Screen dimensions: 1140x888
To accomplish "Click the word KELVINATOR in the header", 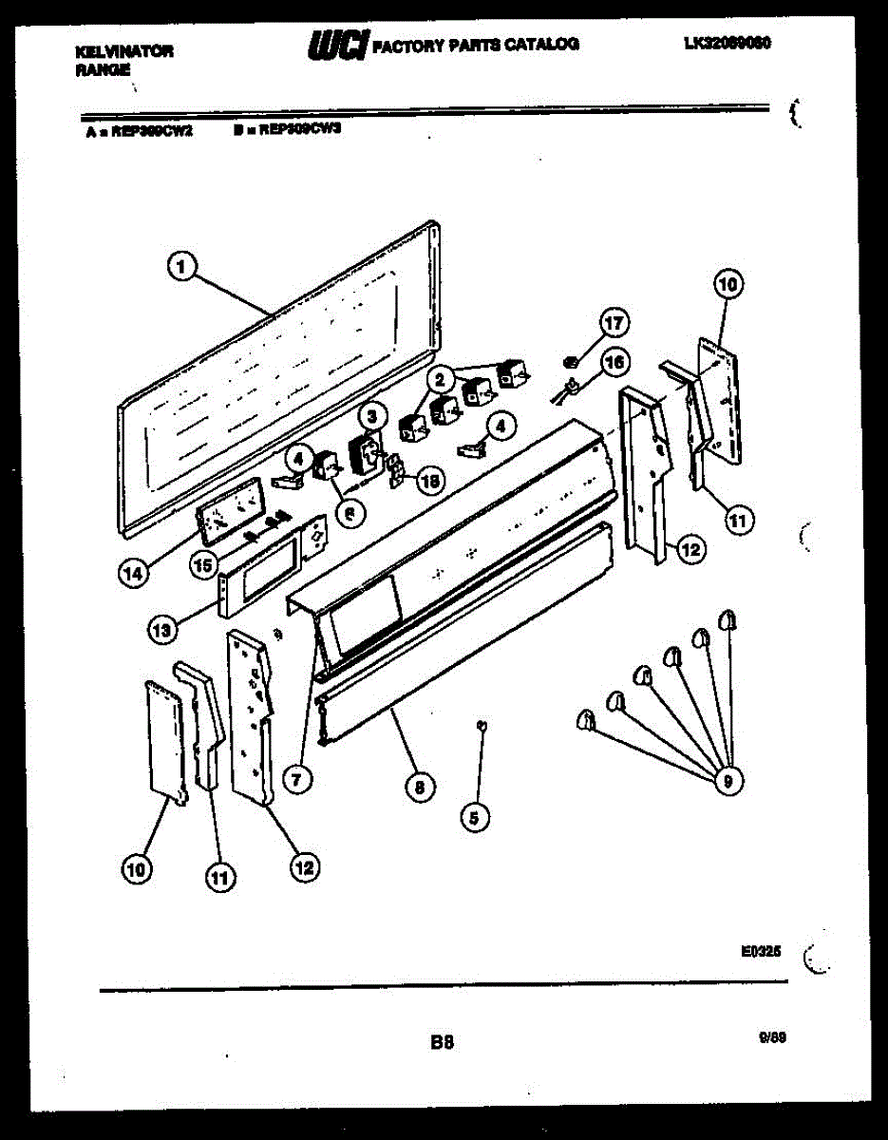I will tap(123, 52).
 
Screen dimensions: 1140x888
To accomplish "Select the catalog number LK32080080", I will tap(727, 43).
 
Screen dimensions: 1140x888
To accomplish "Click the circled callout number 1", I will tap(179, 270).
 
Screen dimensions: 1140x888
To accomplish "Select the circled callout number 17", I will tap(614, 324).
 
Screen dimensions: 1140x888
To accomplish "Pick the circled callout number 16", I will tap(615, 362).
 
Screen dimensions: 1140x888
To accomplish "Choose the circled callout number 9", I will tap(727, 781).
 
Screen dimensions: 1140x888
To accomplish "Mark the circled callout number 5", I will tap(476, 814).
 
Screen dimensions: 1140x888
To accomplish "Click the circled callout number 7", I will tap(296, 780).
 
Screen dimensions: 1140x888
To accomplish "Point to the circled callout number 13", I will tap(161, 628).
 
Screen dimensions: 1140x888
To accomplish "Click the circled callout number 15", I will tap(203, 563).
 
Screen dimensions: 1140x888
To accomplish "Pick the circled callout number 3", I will tap(372, 415).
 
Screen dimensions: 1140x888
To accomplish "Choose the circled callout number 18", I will tap(430, 482).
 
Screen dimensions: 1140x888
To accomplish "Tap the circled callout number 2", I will tap(440, 380).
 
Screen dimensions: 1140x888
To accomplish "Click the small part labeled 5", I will tap(482, 726).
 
